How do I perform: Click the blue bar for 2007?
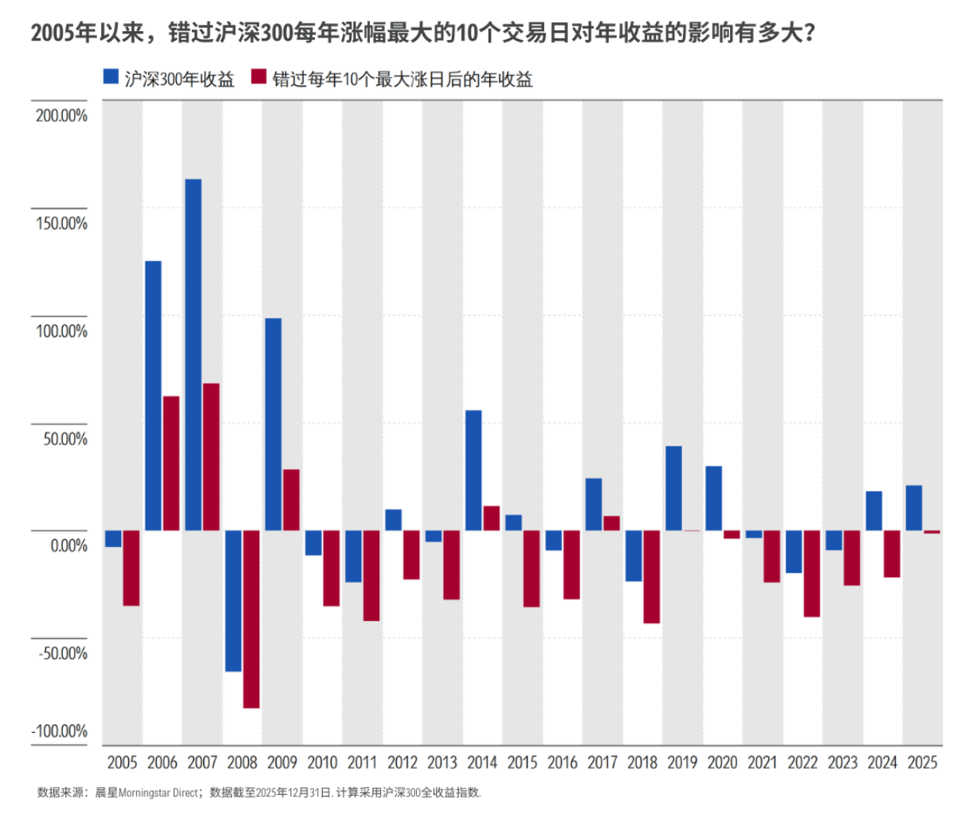coord(193,355)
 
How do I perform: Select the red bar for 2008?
coord(251,619)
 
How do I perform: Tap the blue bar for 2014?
coord(473,470)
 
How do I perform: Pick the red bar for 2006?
coord(171,463)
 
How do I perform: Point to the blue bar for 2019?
coord(673,488)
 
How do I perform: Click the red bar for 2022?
coord(812,573)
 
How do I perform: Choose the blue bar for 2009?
coord(273,424)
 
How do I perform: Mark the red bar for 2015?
coord(532,569)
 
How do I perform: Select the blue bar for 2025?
coord(914,508)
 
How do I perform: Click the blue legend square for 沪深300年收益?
coord(112,77)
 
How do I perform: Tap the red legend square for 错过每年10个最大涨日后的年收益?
coord(259,77)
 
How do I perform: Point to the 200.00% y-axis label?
coord(61,116)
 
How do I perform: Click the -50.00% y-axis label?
coord(61,654)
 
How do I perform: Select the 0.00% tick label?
coord(69,546)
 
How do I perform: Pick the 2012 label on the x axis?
coord(402,762)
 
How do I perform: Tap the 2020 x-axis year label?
coord(722,762)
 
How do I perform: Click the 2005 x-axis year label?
coord(122,762)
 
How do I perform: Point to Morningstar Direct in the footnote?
coord(158,793)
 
